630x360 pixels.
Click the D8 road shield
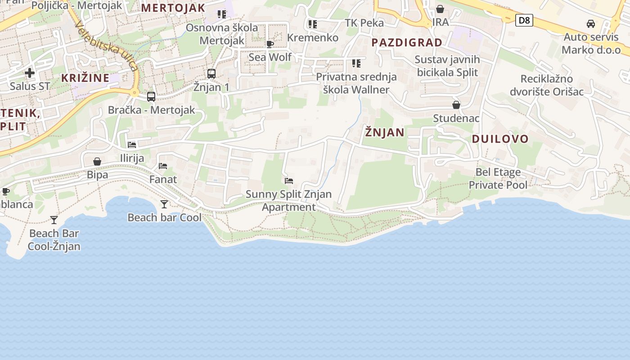tap(524, 20)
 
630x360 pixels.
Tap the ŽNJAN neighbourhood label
tap(385, 132)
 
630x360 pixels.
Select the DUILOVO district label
tap(500, 139)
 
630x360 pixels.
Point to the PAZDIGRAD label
tap(407, 43)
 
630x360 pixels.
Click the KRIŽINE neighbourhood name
tap(85, 78)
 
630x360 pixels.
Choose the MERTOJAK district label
tap(173, 8)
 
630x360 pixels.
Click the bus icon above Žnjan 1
tap(211, 73)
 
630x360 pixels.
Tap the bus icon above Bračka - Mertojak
tap(151, 96)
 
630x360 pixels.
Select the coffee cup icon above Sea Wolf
tap(270, 44)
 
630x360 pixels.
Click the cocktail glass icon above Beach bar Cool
tap(164, 204)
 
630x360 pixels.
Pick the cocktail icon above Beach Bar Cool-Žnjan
tap(54, 220)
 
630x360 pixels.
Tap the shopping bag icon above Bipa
tap(97, 162)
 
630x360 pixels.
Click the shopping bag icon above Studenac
tap(456, 105)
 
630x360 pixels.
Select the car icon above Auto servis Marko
tap(591, 24)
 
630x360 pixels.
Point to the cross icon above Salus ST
tap(30, 73)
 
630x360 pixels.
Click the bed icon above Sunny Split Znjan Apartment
tap(289, 181)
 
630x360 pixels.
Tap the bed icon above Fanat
tap(163, 166)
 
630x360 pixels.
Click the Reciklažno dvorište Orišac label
tap(546, 85)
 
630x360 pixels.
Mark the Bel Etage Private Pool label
tap(498, 178)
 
